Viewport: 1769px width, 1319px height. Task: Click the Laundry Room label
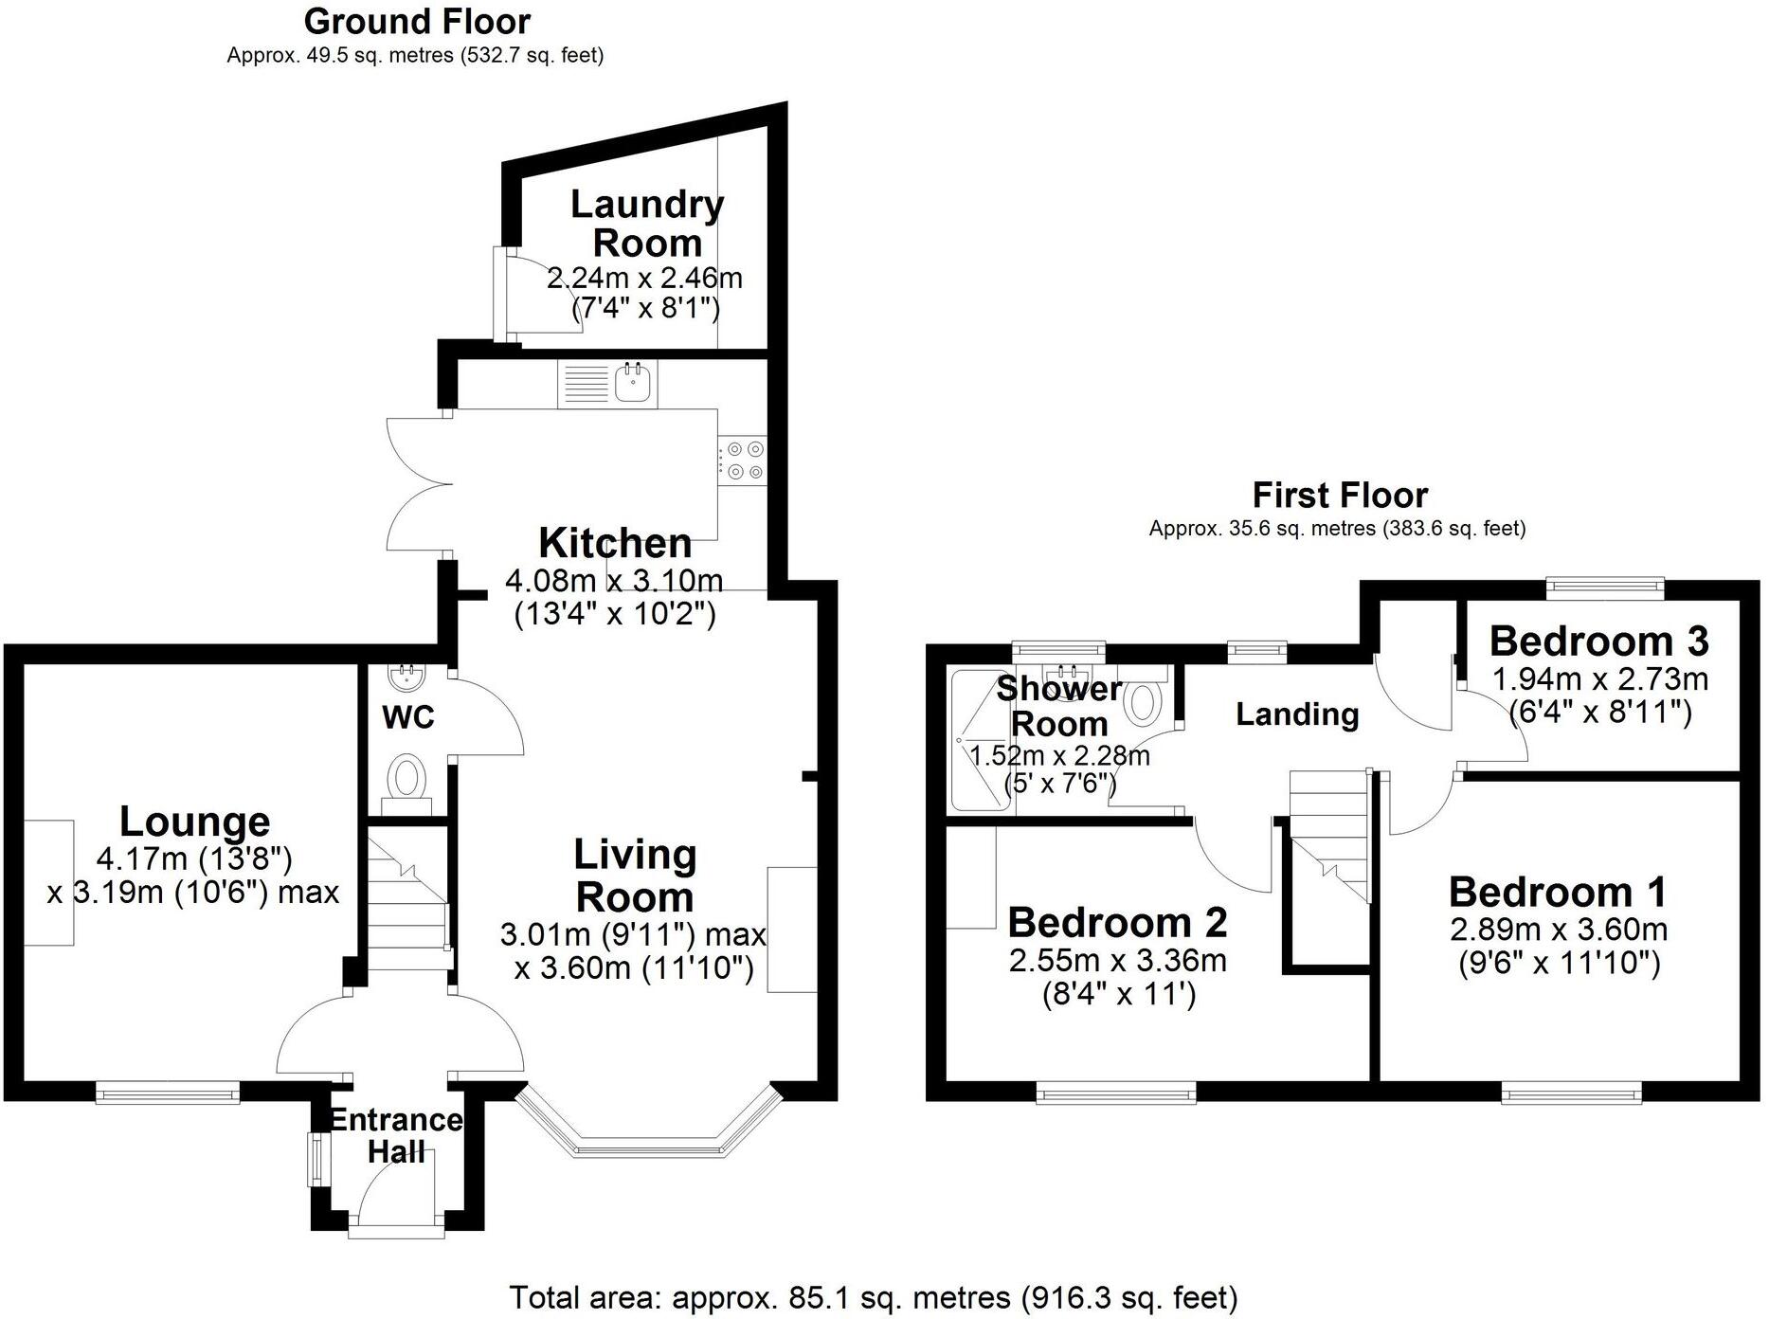click(x=647, y=224)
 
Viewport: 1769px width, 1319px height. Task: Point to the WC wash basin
click(x=409, y=678)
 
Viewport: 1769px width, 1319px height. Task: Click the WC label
click(x=408, y=717)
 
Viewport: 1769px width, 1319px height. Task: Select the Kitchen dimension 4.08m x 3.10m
click(x=614, y=580)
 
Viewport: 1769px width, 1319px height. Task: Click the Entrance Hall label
click(x=396, y=1135)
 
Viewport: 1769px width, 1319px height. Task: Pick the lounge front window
click(x=168, y=1094)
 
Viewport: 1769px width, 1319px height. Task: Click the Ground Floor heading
click(x=417, y=21)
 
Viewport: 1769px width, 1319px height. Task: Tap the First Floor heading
click(x=1340, y=495)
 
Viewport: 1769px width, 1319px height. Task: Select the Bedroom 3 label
click(x=1598, y=641)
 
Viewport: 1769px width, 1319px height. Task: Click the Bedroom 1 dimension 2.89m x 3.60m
click(x=1559, y=930)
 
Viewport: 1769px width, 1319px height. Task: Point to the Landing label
click(x=1297, y=714)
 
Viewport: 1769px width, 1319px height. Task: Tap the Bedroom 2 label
click(x=1117, y=922)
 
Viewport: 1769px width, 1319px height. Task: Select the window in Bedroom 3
click(x=1605, y=588)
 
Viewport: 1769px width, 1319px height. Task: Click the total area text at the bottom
click(x=873, y=1296)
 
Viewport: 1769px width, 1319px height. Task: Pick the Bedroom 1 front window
click(x=1572, y=1094)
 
